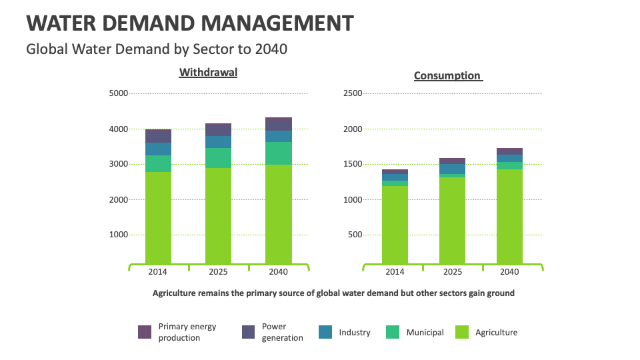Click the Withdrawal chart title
pos(208,72)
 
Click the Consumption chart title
pos(447,75)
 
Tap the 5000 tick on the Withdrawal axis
pos(118,93)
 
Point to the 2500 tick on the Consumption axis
pos(352,93)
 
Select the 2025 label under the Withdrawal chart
pos(218,272)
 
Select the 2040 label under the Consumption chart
pos(509,272)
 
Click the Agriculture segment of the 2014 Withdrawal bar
pos(158,217)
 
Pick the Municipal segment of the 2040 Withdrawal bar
pos(278,153)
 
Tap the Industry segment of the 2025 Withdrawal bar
pos(218,142)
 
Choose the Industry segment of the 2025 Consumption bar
pos(452,169)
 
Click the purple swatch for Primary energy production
pos(145,332)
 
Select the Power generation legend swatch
pos(248,332)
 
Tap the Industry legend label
pos(355,332)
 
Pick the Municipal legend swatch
pos(393,332)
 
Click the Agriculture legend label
pos(496,332)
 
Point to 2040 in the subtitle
pos(271,49)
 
